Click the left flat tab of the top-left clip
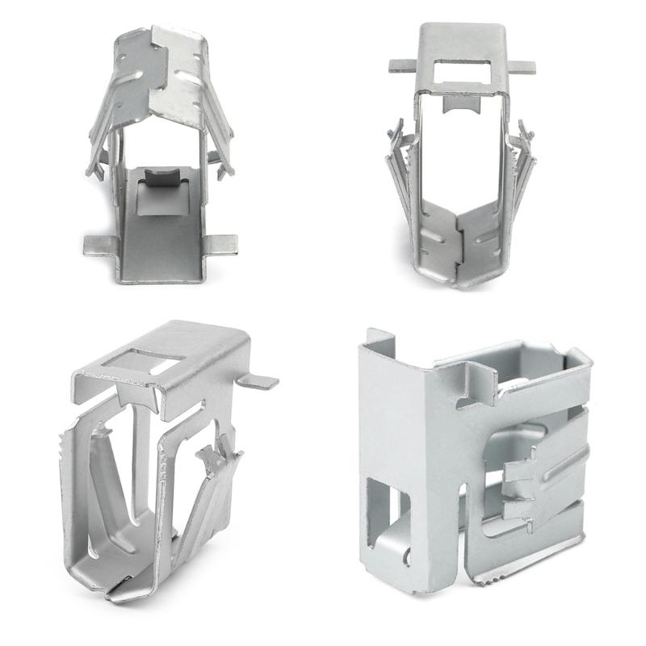[99, 242]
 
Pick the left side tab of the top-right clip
[401, 65]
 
